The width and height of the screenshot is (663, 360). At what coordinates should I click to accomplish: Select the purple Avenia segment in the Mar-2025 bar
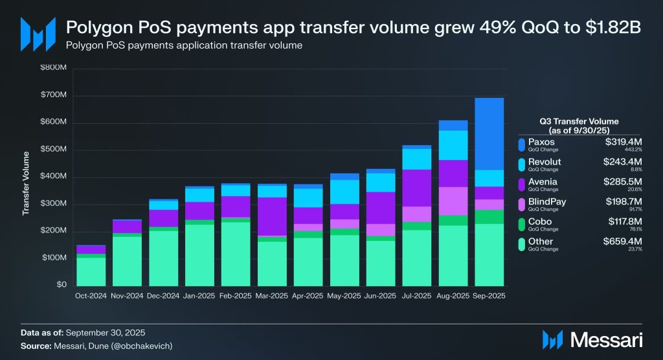(272, 216)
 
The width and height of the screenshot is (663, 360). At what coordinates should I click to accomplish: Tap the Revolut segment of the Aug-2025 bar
(453, 145)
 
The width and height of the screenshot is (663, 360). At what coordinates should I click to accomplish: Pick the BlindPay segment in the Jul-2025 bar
(417, 214)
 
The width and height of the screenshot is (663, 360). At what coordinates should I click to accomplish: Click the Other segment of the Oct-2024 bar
(91, 272)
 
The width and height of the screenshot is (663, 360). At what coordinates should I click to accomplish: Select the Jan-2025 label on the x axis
(199, 296)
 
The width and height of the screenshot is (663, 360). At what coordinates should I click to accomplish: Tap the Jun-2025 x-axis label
(381, 296)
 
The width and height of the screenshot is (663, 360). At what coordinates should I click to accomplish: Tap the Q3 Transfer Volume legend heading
(579, 125)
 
